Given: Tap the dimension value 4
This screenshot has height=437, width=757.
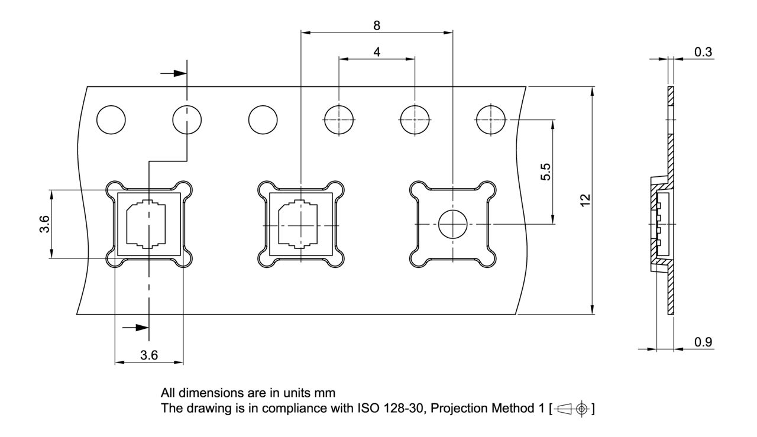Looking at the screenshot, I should click(377, 51).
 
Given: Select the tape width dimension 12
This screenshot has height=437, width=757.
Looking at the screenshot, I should click(585, 200).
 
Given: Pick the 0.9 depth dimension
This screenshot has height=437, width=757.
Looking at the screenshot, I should click(703, 342).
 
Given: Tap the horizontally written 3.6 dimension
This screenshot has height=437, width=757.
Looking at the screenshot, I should click(148, 355).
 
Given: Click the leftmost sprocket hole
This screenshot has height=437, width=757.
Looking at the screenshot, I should click(111, 120).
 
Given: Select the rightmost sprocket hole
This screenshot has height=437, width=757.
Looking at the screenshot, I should click(491, 120).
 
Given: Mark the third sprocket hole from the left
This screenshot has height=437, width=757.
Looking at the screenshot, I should click(263, 120).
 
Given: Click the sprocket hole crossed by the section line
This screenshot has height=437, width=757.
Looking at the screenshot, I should click(187, 120).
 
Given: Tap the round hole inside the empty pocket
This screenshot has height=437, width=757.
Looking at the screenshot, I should click(452, 224).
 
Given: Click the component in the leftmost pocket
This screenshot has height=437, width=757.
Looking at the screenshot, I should click(145, 224).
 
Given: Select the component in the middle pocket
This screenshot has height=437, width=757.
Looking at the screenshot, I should click(300, 224).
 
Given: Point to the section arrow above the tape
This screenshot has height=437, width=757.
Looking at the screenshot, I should click(172, 73).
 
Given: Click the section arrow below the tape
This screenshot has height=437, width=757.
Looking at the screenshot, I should click(134, 327).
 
